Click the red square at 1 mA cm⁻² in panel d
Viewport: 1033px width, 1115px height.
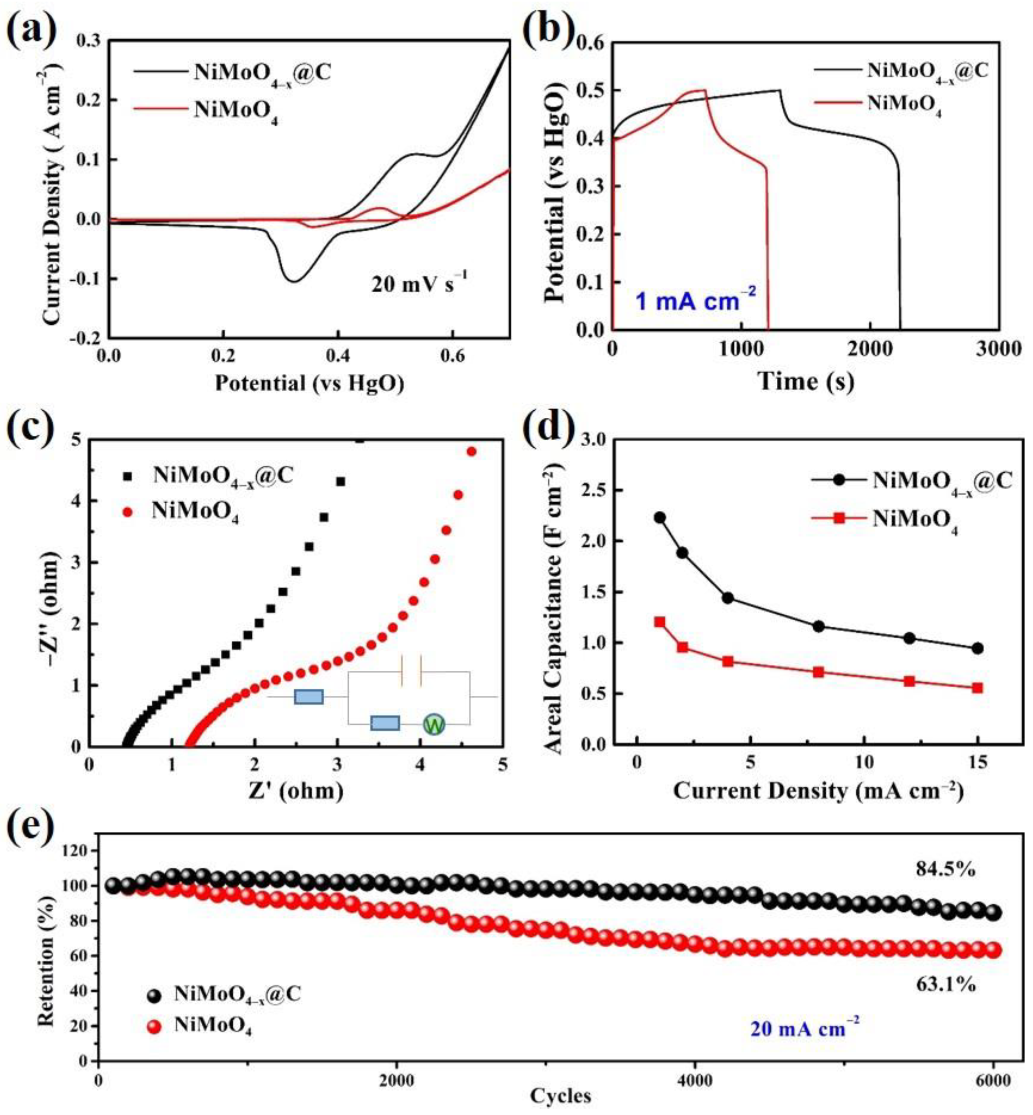click(x=660, y=621)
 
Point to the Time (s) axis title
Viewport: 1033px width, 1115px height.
click(x=806, y=381)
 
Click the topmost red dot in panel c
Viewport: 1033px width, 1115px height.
click(x=471, y=451)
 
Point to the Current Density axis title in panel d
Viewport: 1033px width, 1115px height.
click(x=818, y=791)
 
